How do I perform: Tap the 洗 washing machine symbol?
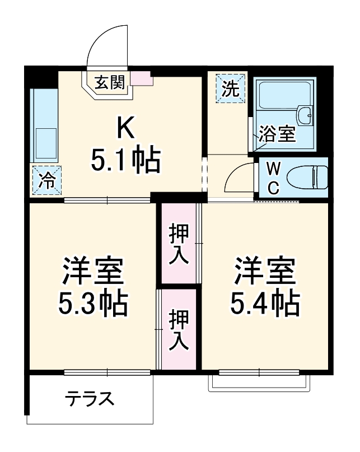coord(231,88)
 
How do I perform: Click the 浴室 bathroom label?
coord(276,135)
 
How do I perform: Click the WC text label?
coord(273,178)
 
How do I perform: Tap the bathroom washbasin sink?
coord(306,115)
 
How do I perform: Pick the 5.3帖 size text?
coord(93,303)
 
